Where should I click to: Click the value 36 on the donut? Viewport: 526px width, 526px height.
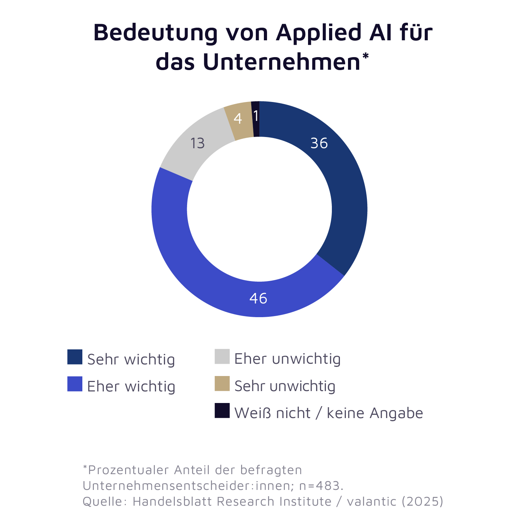[319, 143]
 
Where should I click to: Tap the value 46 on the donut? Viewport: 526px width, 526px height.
[258, 298]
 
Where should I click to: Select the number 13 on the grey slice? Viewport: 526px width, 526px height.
[197, 143]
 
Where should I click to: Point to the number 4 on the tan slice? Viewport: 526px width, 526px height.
[238, 119]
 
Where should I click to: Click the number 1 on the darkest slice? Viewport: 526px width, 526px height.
[256, 116]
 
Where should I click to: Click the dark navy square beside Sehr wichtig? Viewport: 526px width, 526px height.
[75, 357]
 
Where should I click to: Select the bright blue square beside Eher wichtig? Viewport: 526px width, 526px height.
[75, 384]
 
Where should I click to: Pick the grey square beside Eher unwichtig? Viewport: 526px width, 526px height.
[222, 356]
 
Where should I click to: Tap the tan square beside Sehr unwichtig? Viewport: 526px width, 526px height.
[222, 384]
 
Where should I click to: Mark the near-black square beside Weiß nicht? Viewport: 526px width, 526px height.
[222, 411]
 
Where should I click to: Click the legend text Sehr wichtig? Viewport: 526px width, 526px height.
[131, 360]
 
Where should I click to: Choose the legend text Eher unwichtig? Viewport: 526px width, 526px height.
[287, 359]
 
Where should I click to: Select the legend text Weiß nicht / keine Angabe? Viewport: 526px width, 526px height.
[328, 413]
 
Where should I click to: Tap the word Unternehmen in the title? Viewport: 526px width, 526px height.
[281, 62]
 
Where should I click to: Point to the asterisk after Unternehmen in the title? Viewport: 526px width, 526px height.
[366, 56]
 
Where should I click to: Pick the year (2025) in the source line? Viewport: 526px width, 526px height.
[422, 501]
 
